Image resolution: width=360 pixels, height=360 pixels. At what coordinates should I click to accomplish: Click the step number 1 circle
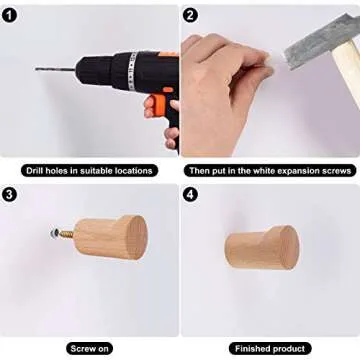tap(9, 15)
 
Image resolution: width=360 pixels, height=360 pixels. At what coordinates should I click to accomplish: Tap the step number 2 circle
tap(190, 15)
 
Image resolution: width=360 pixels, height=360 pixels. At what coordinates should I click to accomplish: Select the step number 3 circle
tap(9, 195)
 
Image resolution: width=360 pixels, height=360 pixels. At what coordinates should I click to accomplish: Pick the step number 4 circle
tap(190, 195)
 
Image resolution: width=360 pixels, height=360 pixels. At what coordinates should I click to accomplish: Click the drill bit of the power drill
tap(56, 69)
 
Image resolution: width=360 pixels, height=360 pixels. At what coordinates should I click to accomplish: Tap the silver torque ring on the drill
tap(133, 71)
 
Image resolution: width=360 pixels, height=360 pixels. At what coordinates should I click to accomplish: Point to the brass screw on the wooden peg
tap(66, 233)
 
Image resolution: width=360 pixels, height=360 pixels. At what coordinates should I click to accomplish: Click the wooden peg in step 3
tap(110, 237)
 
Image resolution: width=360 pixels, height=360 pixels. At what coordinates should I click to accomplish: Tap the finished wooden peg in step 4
tap(262, 247)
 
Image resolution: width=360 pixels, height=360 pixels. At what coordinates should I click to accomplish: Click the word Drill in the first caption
tap(35, 171)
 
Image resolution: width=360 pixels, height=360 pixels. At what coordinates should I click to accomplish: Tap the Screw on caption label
tap(90, 349)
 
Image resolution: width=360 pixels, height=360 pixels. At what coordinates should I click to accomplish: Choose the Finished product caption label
tap(270, 349)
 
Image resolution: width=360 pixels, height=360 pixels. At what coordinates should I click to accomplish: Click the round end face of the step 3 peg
tap(137, 237)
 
